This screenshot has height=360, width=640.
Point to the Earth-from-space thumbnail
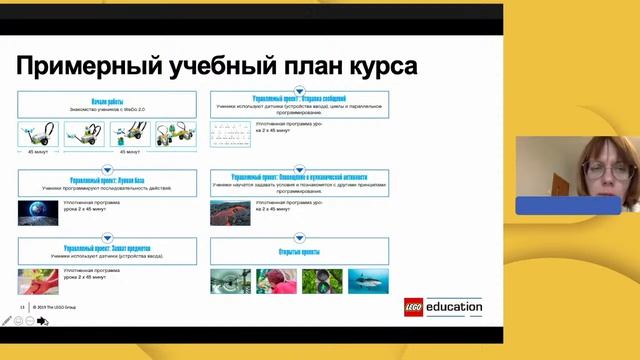37,211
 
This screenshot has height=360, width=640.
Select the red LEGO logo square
414,308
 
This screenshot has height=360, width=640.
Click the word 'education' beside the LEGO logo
454,308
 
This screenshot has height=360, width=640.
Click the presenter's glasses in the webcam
597,166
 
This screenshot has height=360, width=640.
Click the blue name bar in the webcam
568,205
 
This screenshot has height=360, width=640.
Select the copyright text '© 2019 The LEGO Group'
54,307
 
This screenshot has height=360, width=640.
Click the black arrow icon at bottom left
43,321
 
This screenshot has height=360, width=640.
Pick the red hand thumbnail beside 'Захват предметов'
37,280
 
